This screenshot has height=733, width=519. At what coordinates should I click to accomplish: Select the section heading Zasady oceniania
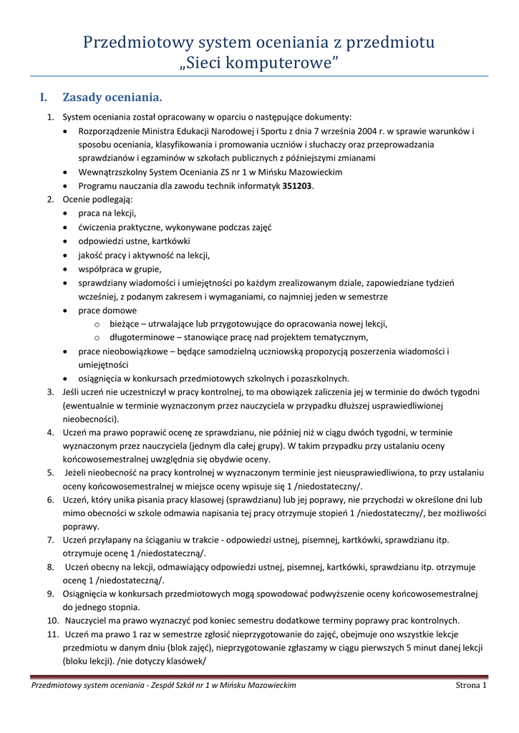[x=112, y=97]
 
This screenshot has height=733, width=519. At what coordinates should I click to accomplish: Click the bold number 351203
[x=298, y=185]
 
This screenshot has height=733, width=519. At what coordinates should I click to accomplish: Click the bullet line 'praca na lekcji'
[x=107, y=213]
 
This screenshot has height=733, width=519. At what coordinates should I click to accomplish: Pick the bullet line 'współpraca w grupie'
[x=120, y=269]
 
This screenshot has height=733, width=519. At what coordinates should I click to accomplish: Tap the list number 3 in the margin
[x=51, y=392]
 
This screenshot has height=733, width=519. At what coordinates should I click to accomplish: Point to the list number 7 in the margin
[x=51, y=539]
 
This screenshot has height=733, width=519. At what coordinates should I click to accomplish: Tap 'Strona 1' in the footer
[x=471, y=686]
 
